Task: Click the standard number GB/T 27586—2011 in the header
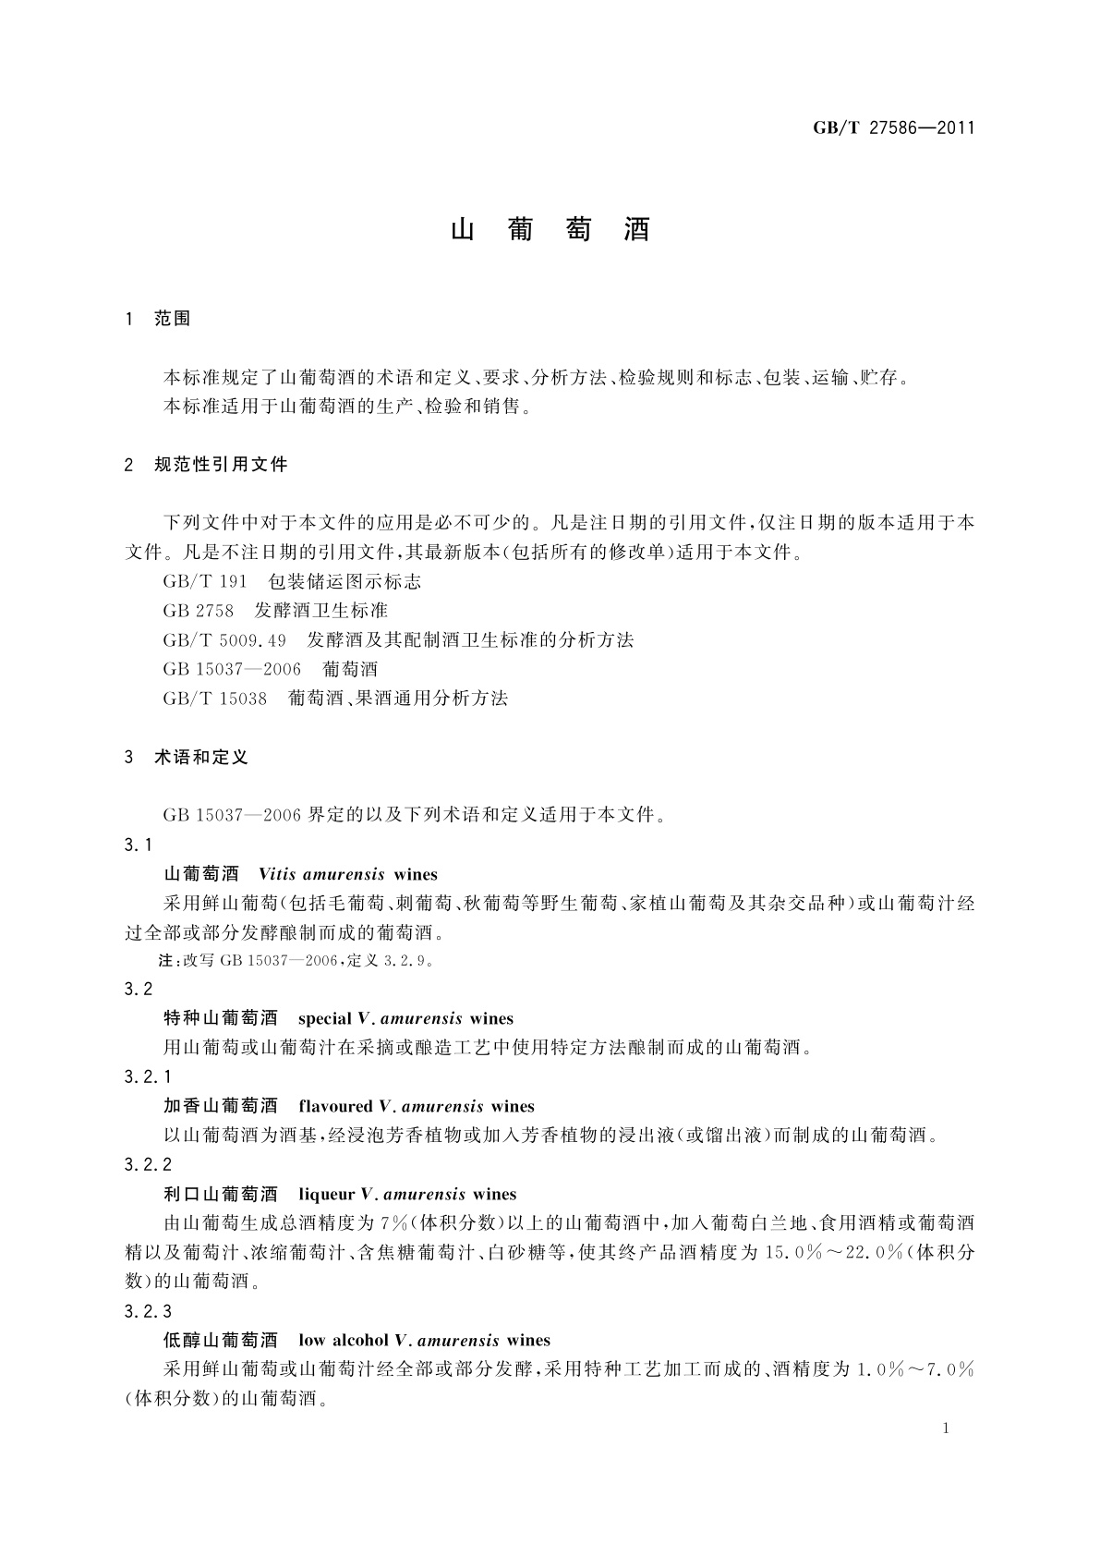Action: [893, 128]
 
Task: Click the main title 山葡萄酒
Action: [550, 230]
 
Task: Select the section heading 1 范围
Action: [158, 319]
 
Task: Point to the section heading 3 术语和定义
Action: [187, 757]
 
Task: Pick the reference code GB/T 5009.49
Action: [224, 639]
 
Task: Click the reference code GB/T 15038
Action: [214, 699]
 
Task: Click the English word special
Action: [325, 1019]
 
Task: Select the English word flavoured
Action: [335, 1106]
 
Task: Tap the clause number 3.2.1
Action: [148, 1076]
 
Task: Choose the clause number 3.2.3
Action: [148, 1311]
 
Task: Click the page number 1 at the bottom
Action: [946, 1428]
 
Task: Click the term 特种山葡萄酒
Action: [220, 1019]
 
